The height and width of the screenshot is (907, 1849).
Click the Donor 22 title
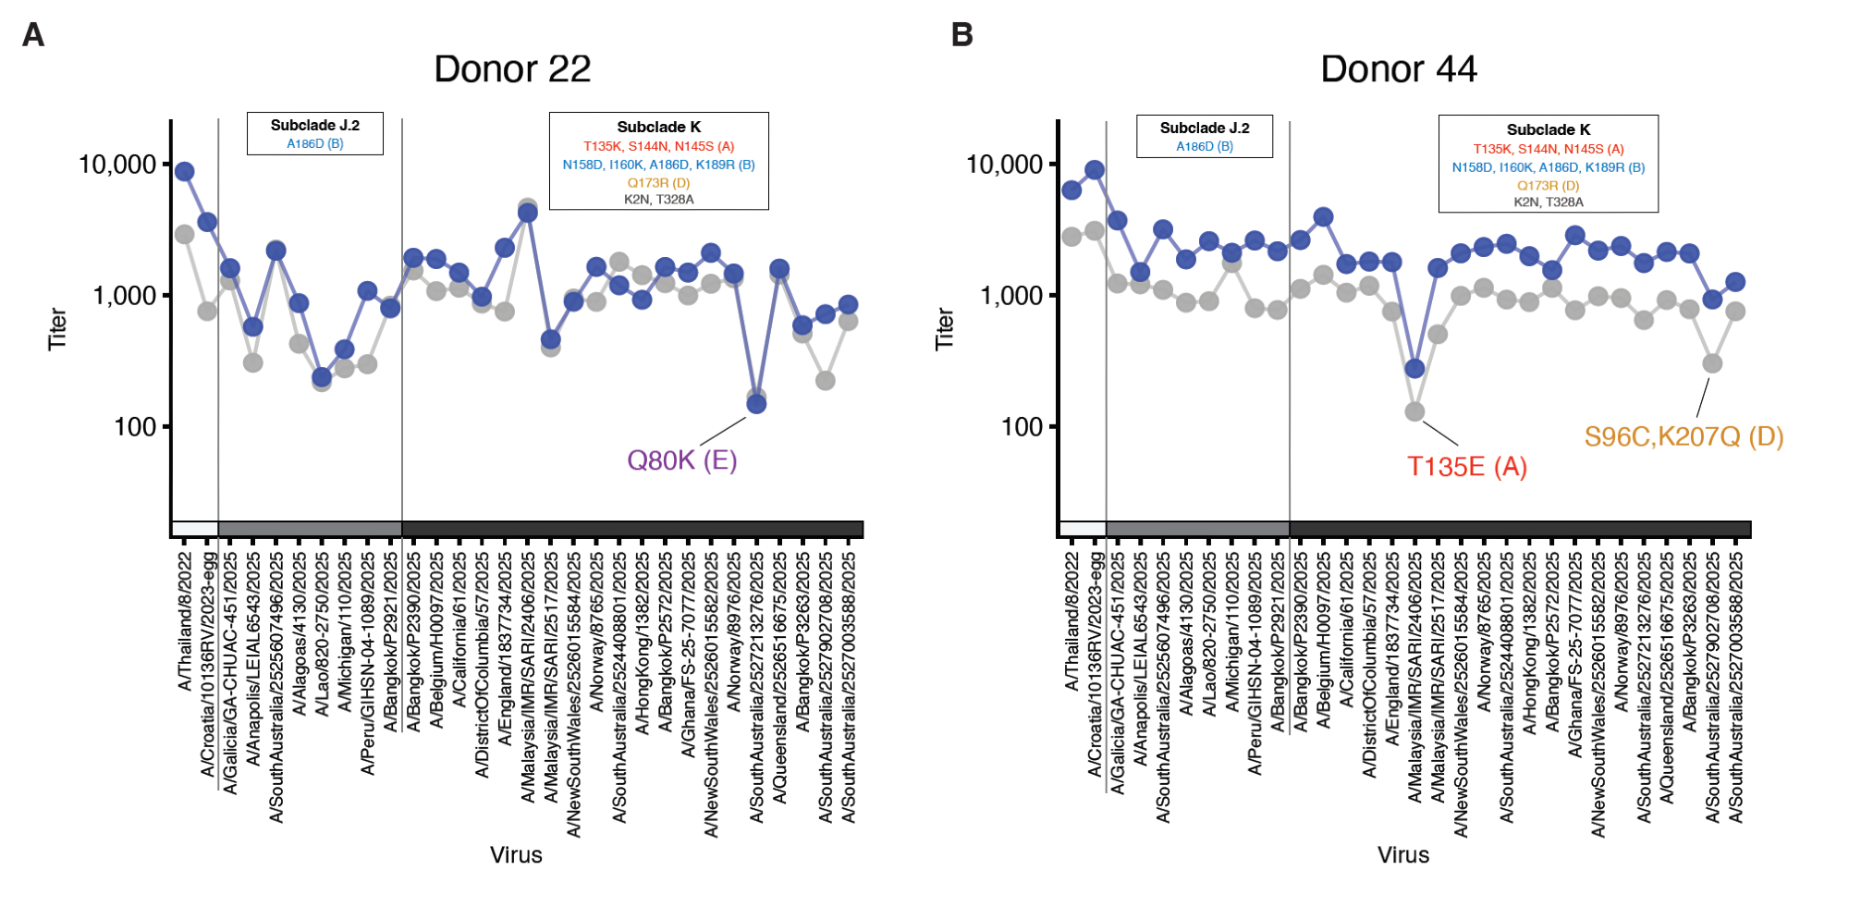point(512,69)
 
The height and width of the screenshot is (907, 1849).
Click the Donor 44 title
point(1398,69)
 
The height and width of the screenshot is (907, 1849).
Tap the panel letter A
point(33,35)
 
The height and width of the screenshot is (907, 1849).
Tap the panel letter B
point(961,35)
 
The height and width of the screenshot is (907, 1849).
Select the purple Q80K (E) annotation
point(681,460)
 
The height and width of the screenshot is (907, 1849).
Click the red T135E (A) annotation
point(1466,467)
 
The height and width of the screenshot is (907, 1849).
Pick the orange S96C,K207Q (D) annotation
point(1684,436)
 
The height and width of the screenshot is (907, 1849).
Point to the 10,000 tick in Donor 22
point(117,165)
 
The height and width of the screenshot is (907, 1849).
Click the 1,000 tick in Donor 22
point(125,296)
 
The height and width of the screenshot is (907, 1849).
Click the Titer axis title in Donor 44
point(944,328)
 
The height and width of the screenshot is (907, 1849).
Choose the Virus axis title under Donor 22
point(516,855)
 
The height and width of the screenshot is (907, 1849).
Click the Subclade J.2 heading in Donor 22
point(314,126)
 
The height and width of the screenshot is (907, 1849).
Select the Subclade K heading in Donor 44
point(1548,130)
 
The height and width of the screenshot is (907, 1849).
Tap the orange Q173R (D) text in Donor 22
point(658,183)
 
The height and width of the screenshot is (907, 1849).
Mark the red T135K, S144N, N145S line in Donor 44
point(1548,149)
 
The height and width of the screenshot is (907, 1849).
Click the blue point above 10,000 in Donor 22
point(184,172)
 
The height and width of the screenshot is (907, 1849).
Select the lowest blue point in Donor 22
point(756,404)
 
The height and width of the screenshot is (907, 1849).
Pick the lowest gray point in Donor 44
point(1414,411)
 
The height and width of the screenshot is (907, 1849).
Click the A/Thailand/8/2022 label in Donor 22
point(185,621)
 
